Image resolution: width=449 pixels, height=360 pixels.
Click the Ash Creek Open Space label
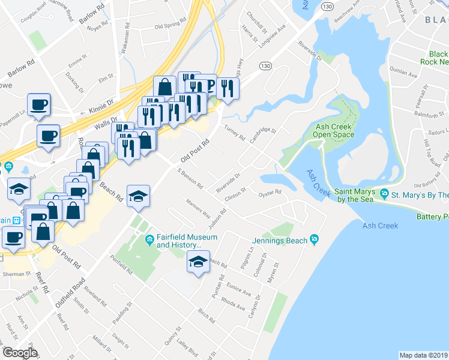[334, 130]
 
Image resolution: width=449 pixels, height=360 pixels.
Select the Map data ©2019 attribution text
[424, 355]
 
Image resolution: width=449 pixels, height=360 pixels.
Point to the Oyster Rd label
[270, 193]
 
